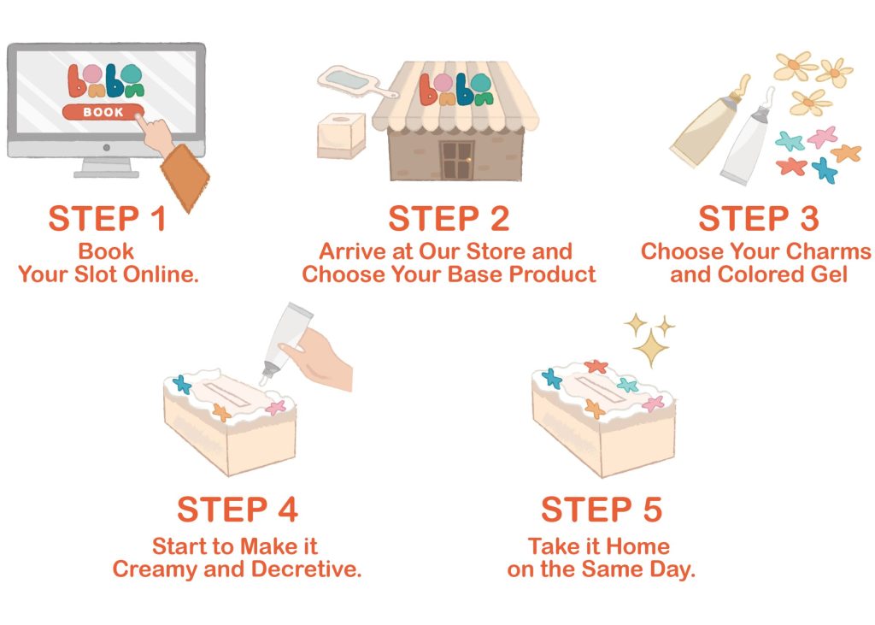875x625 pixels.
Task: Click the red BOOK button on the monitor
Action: point(103,112)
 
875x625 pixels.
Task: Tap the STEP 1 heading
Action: point(108,218)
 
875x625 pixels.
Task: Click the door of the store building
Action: point(457,160)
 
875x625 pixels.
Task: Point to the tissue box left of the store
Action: point(341,135)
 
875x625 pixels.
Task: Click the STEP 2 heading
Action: point(449,218)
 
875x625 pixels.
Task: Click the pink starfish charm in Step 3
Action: point(823,137)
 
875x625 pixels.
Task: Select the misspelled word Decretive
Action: point(307,569)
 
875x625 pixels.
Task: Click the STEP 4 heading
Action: point(238,510)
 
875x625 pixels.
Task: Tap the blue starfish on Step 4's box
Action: point(182,384)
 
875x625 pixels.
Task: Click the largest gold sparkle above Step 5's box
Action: point(651,348)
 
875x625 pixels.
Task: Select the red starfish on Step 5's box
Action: point(596,367)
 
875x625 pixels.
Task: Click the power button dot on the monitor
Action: point(107,148)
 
